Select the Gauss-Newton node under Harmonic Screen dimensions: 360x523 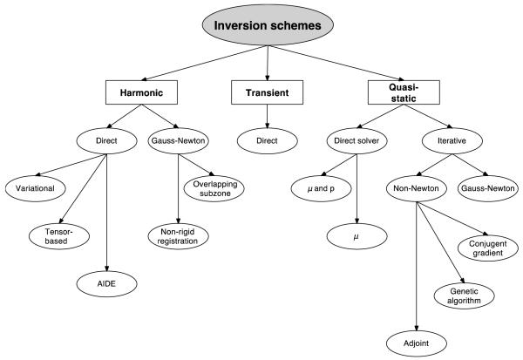[178, 139]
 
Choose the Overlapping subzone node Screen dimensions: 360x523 [214, 188]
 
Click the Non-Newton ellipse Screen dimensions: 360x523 [416, 187]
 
